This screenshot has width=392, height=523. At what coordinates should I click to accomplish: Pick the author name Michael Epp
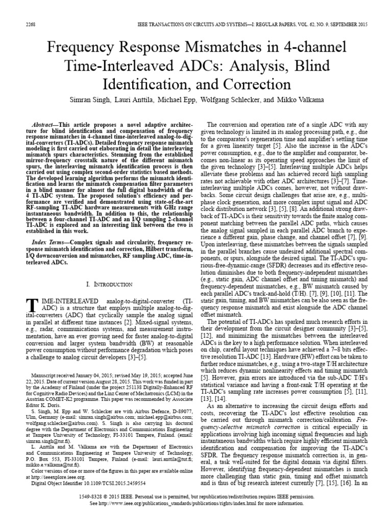pos(188,101)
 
